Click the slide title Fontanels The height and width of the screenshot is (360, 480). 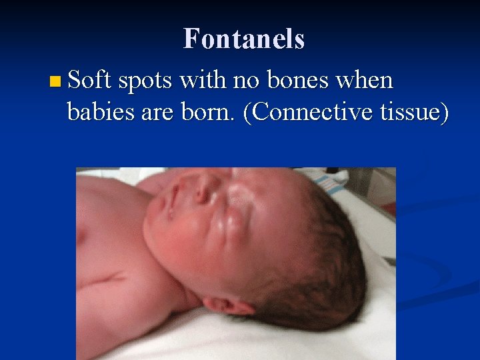pyautogui.click(x=244, y=39)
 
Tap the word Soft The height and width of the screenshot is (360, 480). pyautogui.click(x=89, y=81)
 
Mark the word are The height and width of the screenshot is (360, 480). pyautogui.click(x=155, y=114)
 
